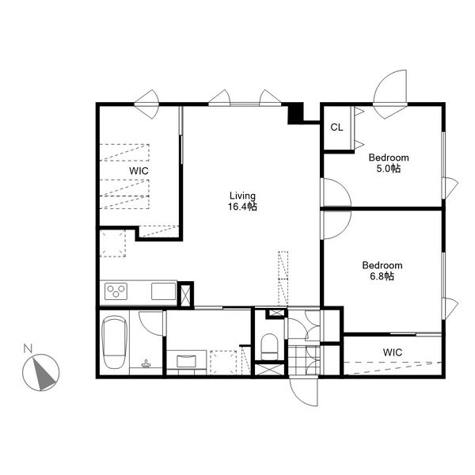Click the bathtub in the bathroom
(114, 342)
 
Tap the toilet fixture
(269, 347)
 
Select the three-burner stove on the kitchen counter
(116, 291)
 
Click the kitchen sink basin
(164, 291)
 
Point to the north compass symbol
(41, 372)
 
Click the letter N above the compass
(28, 348)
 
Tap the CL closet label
(337, 127)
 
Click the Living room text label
(242, 196)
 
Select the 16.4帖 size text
(243, 207)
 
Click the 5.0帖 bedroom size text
(389, 169)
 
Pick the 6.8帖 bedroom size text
(382, 276)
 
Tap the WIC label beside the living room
(139, 171)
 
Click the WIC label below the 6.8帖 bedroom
(393, 352)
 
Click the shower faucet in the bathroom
(146, 363)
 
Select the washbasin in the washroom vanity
(186, 361)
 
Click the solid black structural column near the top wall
(295, 113)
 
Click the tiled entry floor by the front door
(304, 360)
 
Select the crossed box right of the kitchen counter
(185, 295)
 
